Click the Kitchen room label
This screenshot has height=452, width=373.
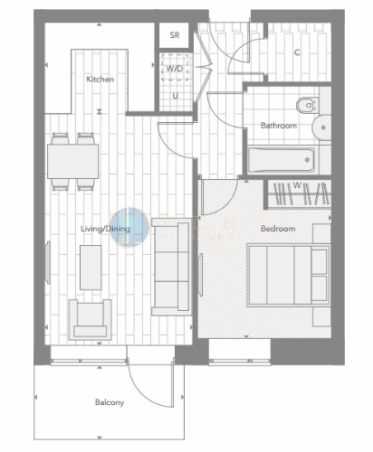click(100, 80)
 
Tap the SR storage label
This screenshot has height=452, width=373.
click(175, 35)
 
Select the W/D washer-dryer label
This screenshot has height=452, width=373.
click(175, 69)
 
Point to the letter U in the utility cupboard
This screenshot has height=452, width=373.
click(176, 96)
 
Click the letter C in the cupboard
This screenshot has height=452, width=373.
click(297, 52)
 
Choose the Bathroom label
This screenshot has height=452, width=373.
click(279, 126)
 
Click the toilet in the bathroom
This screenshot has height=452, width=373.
click(308, 105)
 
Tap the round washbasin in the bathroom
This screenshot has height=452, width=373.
click(321, 127)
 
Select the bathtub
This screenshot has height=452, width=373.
click(281, 160)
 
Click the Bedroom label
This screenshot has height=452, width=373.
click(278, 229)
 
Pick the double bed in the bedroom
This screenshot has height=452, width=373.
click(289, 275)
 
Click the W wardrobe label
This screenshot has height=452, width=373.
click(297, 184)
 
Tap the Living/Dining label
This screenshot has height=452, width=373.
click(105, 229)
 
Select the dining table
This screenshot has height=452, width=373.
click(73, 161)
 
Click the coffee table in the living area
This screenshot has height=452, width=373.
click(91, 268)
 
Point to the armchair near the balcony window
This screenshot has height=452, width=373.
click(91, 319)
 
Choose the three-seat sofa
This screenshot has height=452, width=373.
click(171, 267)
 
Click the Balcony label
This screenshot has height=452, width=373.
click(110, 402)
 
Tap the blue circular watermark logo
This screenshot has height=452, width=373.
click(129, 227)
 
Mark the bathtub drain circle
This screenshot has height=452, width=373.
click(307, 160)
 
